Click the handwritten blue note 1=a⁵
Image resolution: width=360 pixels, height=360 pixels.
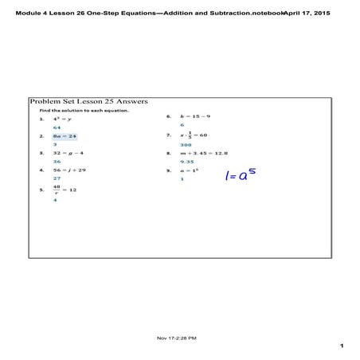[245, 173]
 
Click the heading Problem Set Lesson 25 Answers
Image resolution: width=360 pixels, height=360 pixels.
[88, 103]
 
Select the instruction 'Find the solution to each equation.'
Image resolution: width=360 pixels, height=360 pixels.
[79, 111]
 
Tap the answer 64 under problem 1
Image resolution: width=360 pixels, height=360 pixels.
[57, 128]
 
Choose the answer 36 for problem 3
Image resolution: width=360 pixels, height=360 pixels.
[57, 162]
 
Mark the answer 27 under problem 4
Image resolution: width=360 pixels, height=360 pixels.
[57, 179]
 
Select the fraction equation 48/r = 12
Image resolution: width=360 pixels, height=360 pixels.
[64, 190]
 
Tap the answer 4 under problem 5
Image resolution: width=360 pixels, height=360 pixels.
[55, 201]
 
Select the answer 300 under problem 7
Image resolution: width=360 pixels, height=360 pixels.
[186, 146]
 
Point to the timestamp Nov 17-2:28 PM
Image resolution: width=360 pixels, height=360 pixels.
[178, 338]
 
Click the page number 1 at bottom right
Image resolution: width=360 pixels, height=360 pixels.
[341, 346]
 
